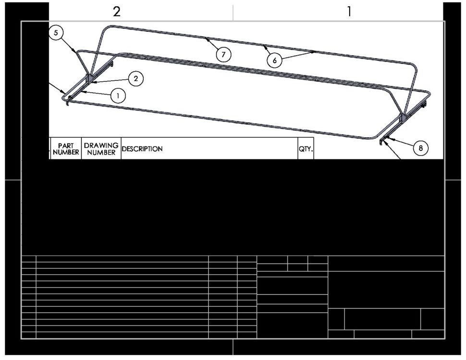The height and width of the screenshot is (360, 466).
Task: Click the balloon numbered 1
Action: [118, 96]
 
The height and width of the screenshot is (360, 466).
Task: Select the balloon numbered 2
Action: [136, 79]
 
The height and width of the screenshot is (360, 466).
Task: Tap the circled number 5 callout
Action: [56, 32]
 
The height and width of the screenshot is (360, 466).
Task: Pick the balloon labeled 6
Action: [274, 60]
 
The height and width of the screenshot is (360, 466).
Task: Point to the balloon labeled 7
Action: [223, 54]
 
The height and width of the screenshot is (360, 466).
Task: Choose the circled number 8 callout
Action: [420, 148]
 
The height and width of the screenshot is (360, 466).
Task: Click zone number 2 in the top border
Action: [117, 12]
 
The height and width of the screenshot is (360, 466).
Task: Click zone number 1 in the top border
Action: [350, 12]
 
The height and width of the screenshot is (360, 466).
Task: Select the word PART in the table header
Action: [66, 145]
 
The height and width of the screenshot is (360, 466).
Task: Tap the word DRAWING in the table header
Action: [101, 145]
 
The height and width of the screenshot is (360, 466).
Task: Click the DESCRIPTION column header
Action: [142, 149]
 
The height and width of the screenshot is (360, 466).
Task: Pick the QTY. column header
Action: [306, 149]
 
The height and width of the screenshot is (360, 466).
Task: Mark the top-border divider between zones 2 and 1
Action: [233, 12]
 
